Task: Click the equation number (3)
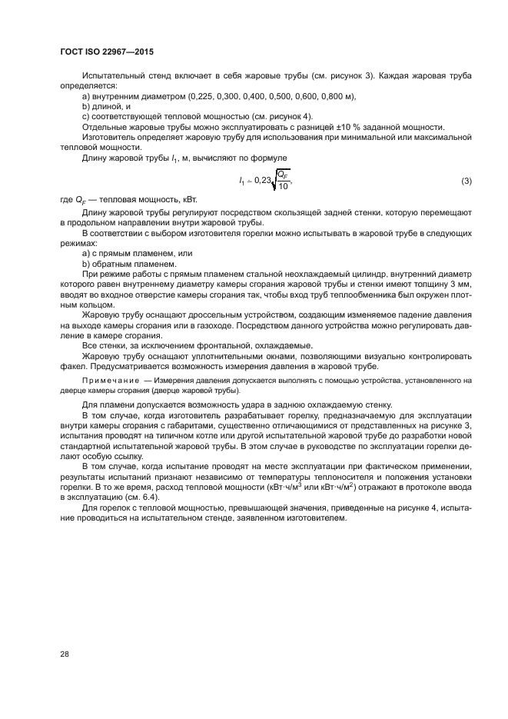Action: [465, 181]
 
